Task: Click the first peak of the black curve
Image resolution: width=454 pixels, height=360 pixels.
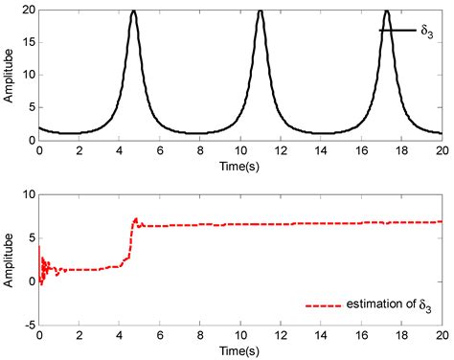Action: (133, 11)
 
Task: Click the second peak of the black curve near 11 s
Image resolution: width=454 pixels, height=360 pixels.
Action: (260, 11)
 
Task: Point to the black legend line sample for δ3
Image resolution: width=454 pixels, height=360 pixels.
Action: (397, 31)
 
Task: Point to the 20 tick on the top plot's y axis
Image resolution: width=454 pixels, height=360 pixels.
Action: (29, 10)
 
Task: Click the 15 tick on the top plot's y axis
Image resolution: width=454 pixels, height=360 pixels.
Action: (29, 42)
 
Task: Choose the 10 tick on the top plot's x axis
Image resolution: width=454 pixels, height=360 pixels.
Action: (240, 150)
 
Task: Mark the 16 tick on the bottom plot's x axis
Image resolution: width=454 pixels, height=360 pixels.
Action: (361, 336)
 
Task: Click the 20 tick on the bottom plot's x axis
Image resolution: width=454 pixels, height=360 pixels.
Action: (442, 336)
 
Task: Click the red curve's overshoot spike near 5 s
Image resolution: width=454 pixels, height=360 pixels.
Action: (136, 218)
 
